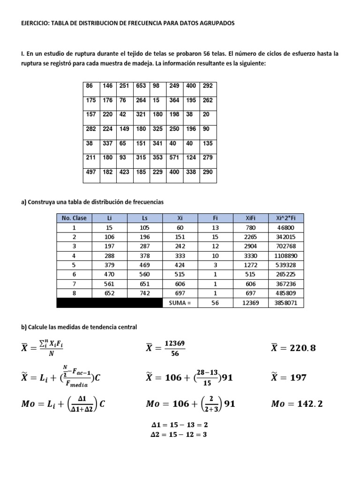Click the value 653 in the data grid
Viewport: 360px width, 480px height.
141,86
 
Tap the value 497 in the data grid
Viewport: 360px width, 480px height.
90,172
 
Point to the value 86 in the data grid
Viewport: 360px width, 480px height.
89,86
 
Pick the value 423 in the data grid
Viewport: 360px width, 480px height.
124,172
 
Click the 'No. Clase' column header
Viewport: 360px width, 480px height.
75,218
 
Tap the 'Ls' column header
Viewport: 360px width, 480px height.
144,218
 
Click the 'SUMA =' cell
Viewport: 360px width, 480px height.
180,303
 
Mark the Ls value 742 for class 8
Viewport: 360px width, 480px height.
144,294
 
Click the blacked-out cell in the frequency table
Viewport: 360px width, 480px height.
109,303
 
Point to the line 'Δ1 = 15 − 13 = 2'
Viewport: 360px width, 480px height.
178,425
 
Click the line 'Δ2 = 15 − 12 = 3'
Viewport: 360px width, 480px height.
178,435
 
